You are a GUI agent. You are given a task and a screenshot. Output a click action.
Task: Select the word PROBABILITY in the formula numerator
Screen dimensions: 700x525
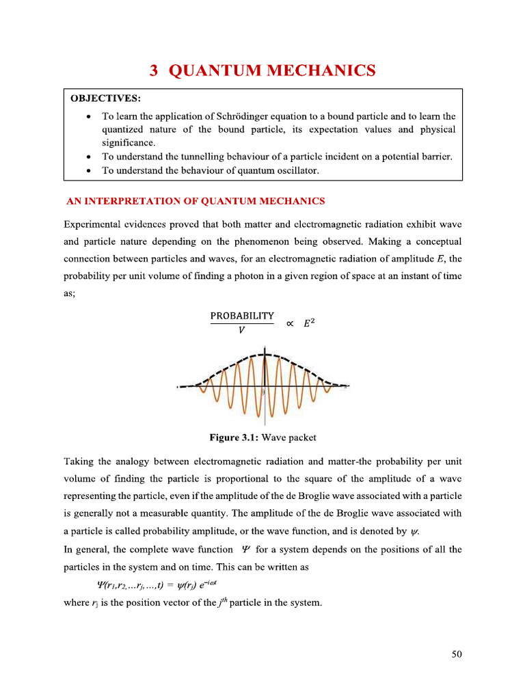point(242,316)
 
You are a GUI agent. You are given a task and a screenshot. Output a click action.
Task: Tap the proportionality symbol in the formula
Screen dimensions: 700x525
point(291,324)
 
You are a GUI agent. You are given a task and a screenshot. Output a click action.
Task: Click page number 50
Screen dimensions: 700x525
point(457,654)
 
